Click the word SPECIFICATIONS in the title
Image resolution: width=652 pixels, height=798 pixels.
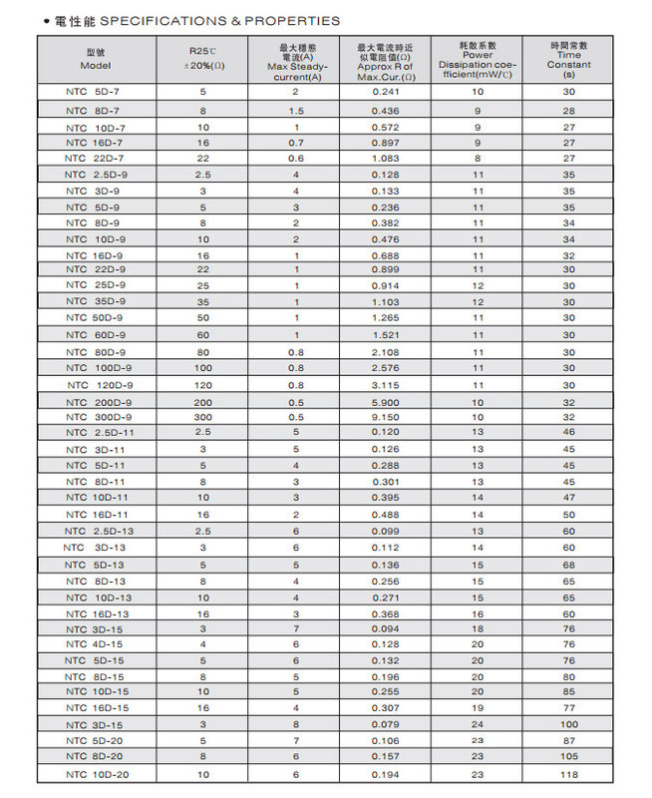pos(149,20)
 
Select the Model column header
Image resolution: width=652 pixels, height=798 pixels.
pos(95,60)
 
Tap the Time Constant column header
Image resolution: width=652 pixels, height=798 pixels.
pos(568,60)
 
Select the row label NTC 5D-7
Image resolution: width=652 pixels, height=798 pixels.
pos(95,92)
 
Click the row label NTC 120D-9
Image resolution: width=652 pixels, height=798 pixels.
pos(98,385)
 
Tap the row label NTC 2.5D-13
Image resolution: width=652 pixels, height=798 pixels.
pos(97,531)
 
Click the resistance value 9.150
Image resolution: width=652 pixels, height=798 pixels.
pos(385,417)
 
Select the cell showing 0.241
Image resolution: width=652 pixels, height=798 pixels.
pos(385,92)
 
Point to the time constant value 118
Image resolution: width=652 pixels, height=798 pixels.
pos(568,774)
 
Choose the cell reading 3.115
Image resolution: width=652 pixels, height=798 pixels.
pos(385,385)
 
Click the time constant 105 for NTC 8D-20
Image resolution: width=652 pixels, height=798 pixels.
pos(568,757)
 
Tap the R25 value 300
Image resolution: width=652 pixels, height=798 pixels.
pos(203,417)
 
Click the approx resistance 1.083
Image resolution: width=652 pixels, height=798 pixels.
pos(385,159)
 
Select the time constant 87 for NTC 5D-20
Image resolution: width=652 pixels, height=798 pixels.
pos(568,741)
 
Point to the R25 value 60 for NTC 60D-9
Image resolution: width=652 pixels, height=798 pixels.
pos(203,335)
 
